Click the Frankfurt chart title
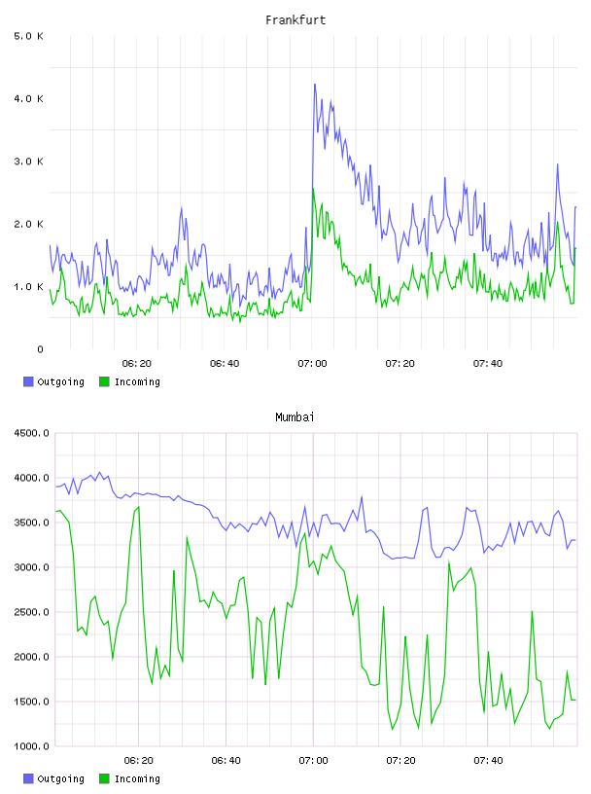295,20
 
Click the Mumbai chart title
295,417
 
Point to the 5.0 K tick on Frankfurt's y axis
29,36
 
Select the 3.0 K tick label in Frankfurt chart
29,162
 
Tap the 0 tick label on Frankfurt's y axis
41,349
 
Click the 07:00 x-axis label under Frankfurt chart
312,364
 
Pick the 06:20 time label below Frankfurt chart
137,364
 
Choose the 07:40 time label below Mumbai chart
488,761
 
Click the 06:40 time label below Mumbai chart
226,761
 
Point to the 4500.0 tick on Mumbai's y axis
31,433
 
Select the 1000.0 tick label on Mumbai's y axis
31,746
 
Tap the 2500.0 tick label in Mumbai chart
31,612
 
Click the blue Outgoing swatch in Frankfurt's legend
28,381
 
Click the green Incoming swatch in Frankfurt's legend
104,381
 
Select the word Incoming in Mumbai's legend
137,778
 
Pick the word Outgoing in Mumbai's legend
60,778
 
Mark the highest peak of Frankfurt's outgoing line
315,84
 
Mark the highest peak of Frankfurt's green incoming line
313,189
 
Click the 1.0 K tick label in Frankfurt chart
29,287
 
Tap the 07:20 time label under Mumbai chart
400,761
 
